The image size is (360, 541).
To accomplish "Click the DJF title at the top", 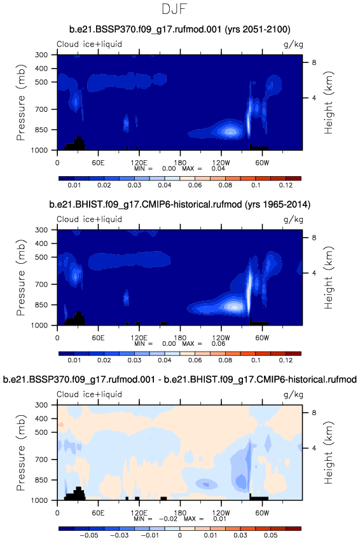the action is click(174, 9).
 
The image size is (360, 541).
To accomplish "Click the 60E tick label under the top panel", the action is click(98, 163).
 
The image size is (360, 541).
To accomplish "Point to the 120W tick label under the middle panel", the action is click(221, 338).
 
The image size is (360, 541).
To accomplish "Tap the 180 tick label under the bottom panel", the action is click(180, 512).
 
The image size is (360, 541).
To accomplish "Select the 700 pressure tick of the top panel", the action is click(41, 109).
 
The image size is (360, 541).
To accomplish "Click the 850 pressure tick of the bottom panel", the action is click(41, 480).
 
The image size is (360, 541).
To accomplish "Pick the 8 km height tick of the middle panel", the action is click(314, 237).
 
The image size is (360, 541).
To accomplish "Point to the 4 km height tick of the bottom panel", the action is click(314, 448).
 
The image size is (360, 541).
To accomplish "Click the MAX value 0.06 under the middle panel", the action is click(218, 344).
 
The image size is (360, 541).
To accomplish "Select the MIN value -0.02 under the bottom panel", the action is click(170, 519).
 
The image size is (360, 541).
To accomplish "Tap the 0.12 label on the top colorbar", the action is click(286, 185).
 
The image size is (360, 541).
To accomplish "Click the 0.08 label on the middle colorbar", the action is click(225, 360).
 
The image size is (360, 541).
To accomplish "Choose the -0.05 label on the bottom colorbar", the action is click(89, 535).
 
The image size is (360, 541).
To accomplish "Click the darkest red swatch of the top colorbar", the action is click(293, 179).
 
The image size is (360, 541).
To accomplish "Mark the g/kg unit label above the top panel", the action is click(293, 45).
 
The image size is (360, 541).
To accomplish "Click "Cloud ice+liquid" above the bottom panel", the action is click(90, 394).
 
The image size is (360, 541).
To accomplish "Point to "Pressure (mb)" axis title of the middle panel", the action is click(21, 277).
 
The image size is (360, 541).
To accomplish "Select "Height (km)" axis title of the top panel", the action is click(328, 102).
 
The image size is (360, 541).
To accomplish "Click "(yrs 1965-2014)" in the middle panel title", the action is click(277, 205).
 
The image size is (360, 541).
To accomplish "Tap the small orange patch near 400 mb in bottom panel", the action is click(61, 425).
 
